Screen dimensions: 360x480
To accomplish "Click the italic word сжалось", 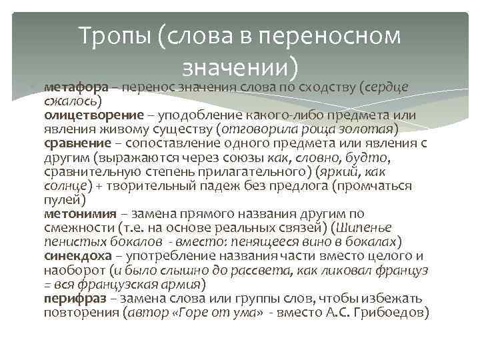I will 71,101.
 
